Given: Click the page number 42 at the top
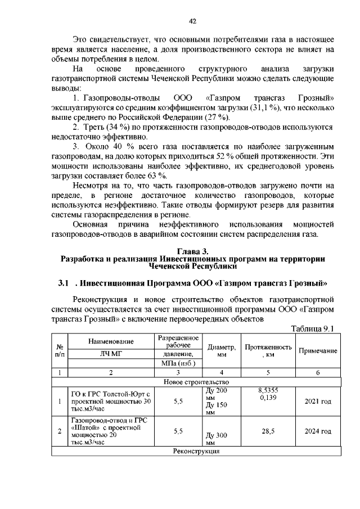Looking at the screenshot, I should [x=192, y=21].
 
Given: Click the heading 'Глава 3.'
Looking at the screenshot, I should [x=193, y=250].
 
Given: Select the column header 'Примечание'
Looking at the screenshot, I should [x=317, y=351].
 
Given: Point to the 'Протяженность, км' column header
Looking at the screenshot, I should [x=268, y=351].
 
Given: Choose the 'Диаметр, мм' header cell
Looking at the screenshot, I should [x=222, y=351].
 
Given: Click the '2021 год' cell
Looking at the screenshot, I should [x=318, y=402].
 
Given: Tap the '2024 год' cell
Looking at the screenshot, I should [x=318, y=431].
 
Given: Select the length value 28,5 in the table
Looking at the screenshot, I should [x=268, y=431].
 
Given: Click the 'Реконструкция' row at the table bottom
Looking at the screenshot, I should [x=196, y=451].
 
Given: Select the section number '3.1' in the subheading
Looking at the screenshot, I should [x=63, y=281].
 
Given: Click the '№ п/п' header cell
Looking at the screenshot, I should [x=60, y=351].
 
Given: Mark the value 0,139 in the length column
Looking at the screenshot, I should [x=268, y=398].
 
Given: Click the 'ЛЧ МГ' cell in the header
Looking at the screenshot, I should [x=111, y=354].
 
